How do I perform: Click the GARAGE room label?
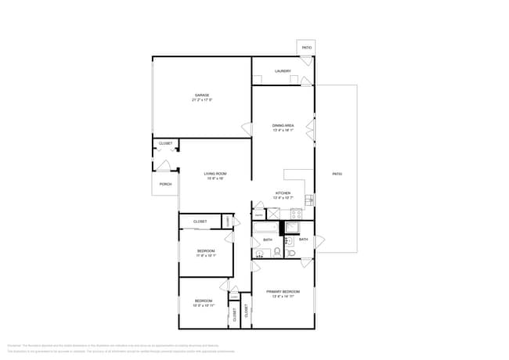[202, 95]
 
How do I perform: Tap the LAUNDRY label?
[283, 71]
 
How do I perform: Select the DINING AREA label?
[283, 125]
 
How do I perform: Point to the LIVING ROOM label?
[215, 173]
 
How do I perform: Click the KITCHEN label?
[283, 193]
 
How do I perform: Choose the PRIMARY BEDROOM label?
[283, 292]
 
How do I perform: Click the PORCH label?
[165, 184]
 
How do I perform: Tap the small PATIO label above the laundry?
[307, 48]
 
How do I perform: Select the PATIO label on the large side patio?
[337, 174]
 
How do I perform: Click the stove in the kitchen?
[296, 212]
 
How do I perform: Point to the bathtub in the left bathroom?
[265, 229]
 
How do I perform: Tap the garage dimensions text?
[202, 100]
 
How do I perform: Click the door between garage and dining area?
[247, 129]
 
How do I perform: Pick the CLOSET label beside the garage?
[165, 143]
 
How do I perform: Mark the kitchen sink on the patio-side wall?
[310, 200]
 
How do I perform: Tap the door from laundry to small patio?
[306, 80]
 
